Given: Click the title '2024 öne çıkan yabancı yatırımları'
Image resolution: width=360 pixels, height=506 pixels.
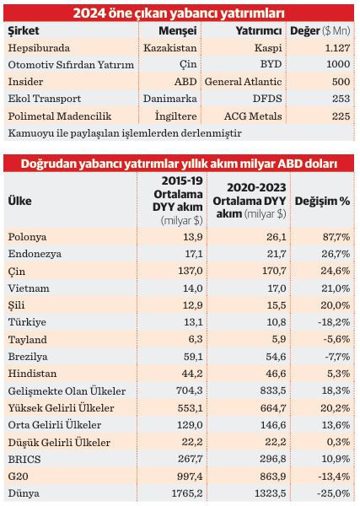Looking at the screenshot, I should click(x=179, y=12).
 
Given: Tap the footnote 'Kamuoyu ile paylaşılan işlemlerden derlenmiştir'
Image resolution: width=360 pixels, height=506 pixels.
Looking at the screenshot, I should click(x=124, y=133).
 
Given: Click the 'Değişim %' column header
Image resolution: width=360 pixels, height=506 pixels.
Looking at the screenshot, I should click(x=321, y=202).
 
